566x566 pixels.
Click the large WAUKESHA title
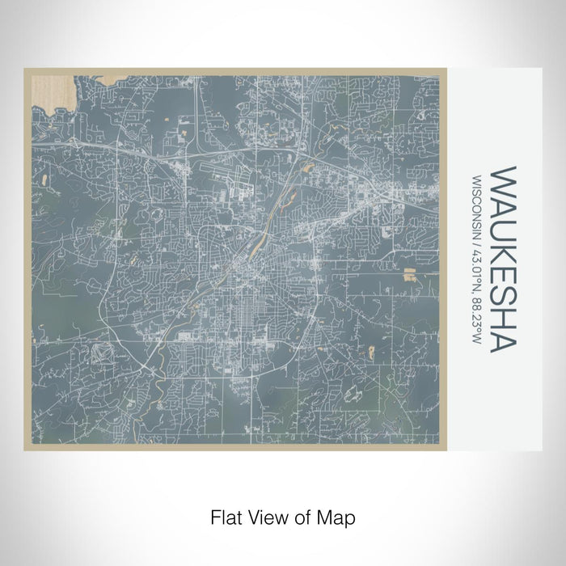(503, 259)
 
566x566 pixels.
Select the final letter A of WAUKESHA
(503, 340)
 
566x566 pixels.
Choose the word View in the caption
(264, 516)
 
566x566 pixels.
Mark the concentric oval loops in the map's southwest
(104, 354)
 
